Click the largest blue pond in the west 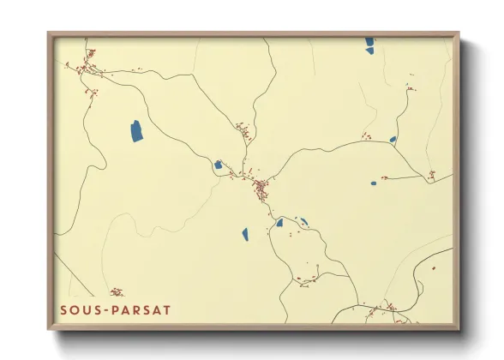pos(136,131)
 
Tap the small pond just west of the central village pos(218,165)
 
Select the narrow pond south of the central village pos(244,233)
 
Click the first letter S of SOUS pos(63,309)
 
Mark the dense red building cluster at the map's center pos(259,186)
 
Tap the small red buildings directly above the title pos(117,292)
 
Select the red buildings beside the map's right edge pos(431,176)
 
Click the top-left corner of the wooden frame pos(48,33)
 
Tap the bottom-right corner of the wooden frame pos(459,330)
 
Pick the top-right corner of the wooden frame pos(459,33)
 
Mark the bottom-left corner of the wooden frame pos(48,330)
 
